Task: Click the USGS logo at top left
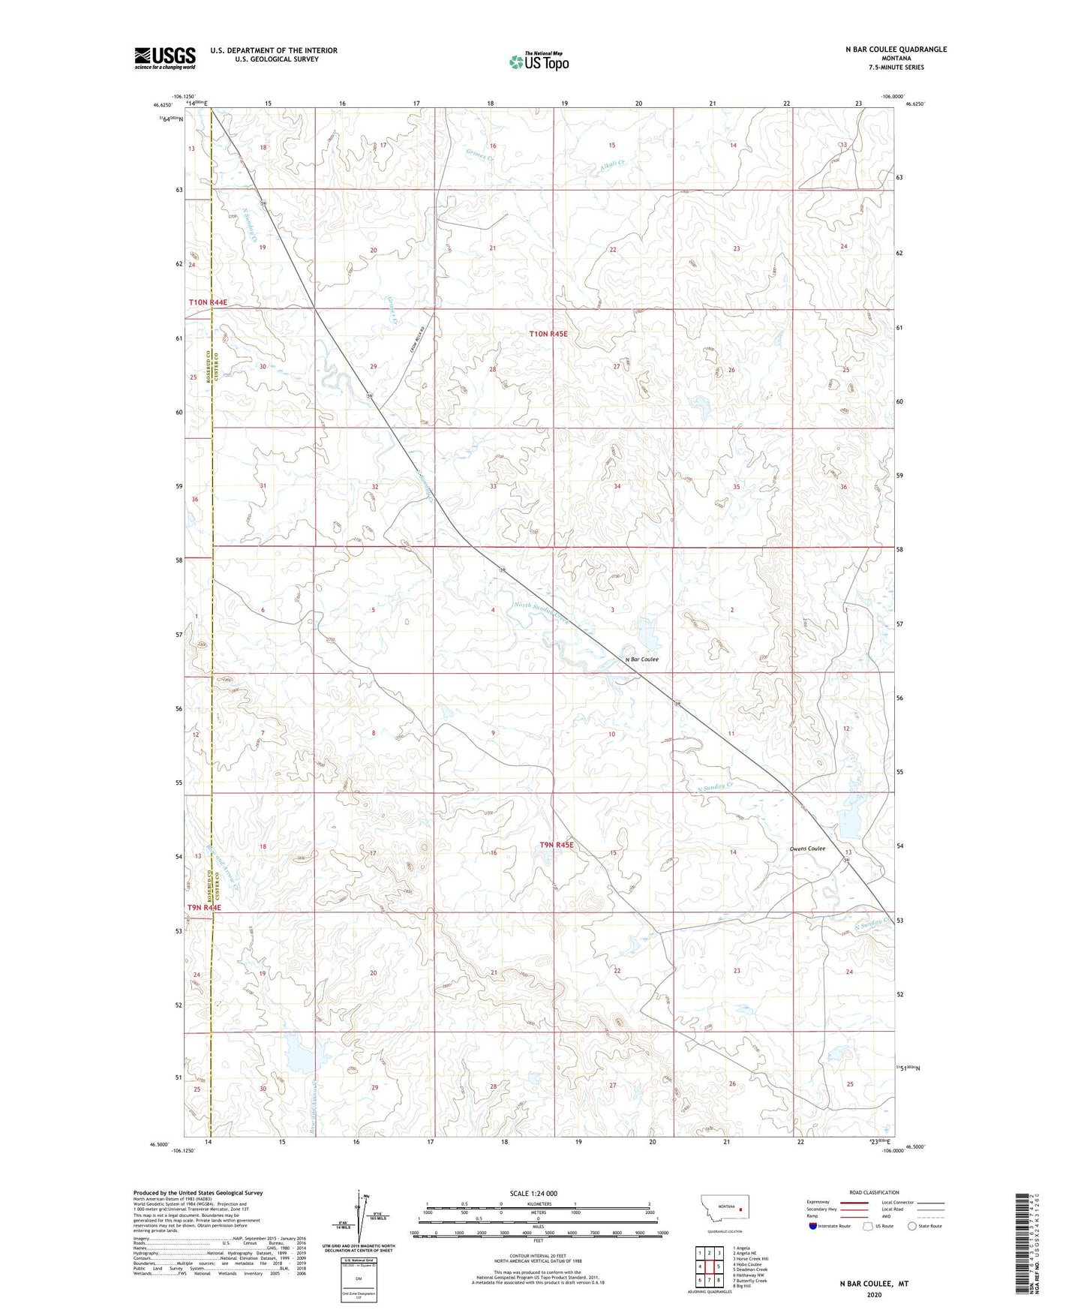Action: coord(164,58)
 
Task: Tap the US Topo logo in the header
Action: coord(538,62)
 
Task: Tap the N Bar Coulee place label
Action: coord(641,660)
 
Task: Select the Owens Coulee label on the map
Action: coord(807,849)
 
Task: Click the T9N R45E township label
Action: coord(556,845)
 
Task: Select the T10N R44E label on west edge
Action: coord(207,302)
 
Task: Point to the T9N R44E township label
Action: coord(205,908)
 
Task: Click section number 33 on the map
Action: coord(493,486)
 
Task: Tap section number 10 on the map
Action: coord(611,735)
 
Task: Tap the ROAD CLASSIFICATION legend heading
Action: coord(874,1192)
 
